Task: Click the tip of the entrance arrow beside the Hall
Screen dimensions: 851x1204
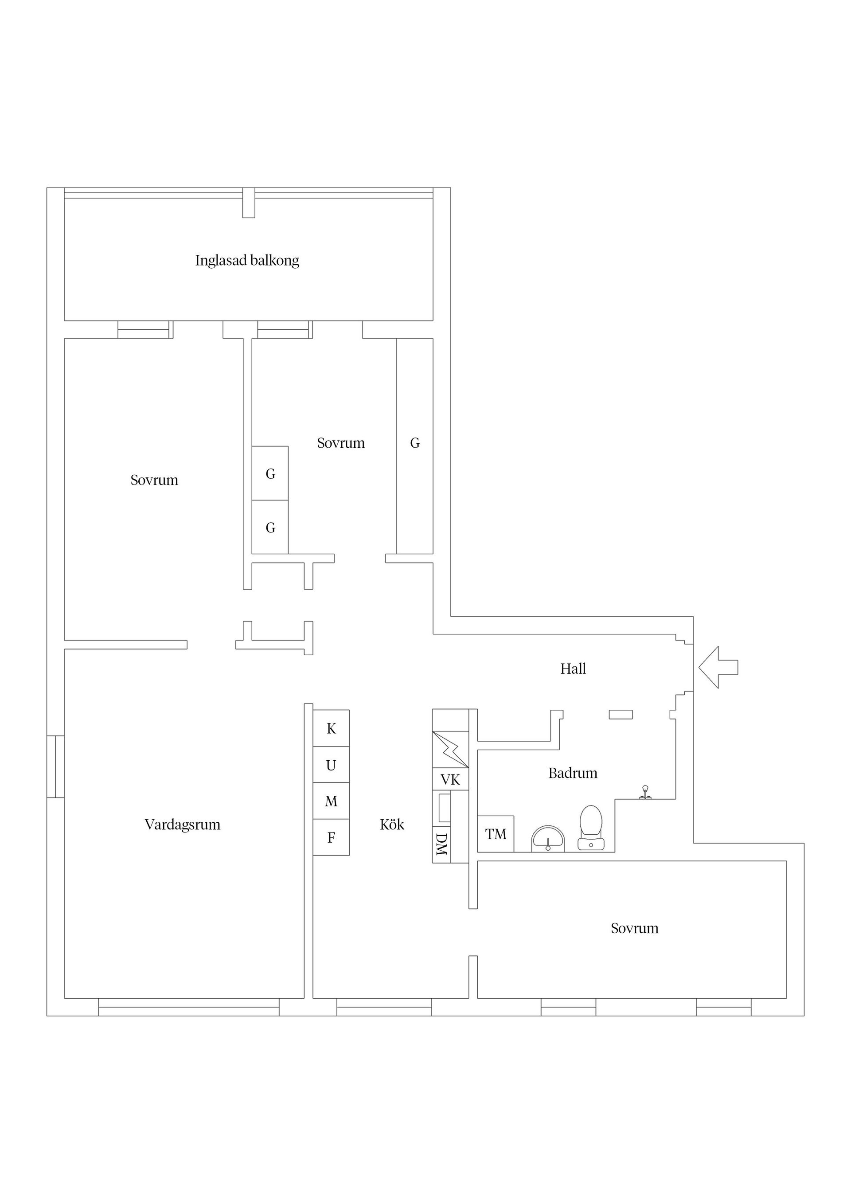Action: coord(699,667)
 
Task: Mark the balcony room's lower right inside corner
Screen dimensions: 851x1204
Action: coord(433,321)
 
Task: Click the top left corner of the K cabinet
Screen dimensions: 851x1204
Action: coord(313,710)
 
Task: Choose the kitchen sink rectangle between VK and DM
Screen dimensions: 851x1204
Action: coord(445,808)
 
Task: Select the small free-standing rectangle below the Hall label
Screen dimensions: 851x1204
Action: coord(621,714)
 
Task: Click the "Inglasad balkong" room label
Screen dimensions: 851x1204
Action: coord(247,261)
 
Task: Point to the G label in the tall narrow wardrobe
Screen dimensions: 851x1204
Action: coord(415,443)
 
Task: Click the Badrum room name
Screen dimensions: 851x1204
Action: coord(573,773)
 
